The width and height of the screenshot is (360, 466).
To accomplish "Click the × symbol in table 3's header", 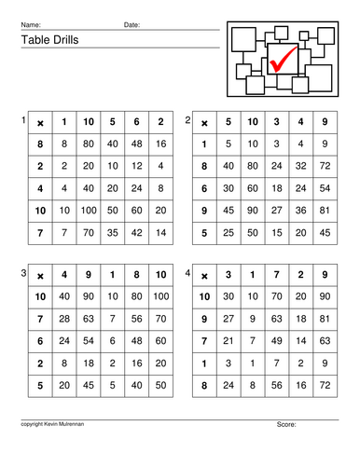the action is point(40,275).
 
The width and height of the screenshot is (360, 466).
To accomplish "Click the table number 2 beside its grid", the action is point(188,120).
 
